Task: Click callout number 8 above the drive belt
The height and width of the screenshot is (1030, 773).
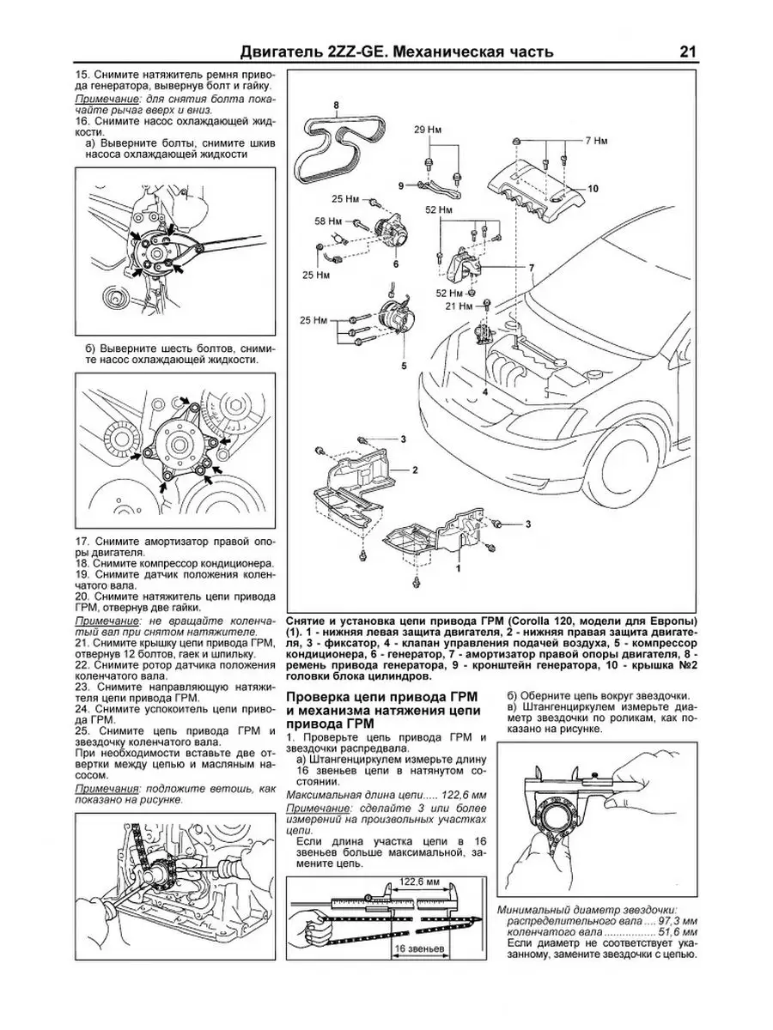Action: click(x=337, y=106)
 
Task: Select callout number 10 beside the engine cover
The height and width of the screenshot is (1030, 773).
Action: click(x=593, y=188)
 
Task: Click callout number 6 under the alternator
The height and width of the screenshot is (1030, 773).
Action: click(x=397, y=265)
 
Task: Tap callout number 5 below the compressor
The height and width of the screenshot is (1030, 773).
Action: click(x=401, y=366)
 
